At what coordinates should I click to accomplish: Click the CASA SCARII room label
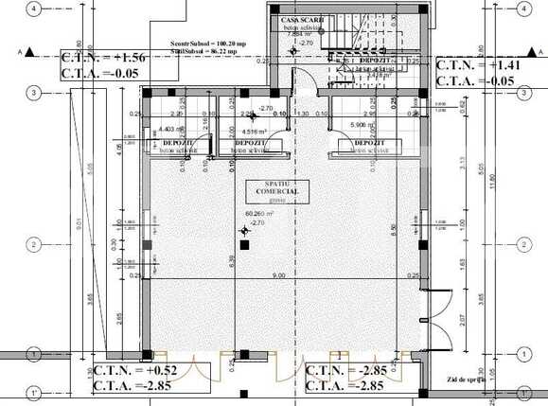point(297,20)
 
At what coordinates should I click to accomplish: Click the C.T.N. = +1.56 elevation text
point(104,58)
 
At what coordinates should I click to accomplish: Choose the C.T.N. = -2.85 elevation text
point(345,370)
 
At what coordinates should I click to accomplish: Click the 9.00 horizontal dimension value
point(278,275)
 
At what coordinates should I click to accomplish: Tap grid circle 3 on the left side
point(32,93)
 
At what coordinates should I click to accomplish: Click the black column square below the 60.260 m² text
point(243,244)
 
